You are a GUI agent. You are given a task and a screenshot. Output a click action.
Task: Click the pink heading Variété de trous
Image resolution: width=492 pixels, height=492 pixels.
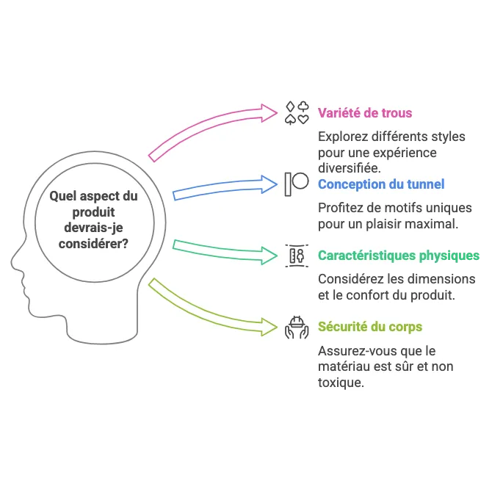365,113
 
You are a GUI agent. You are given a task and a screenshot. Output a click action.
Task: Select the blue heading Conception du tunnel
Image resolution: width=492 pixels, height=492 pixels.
381,184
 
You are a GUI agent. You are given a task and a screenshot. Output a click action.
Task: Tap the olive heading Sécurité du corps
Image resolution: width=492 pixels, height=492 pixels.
369,327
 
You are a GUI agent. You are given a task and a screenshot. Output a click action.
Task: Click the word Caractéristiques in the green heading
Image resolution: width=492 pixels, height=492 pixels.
366,256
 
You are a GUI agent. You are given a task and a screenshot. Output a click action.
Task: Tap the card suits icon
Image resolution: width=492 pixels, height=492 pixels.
297,113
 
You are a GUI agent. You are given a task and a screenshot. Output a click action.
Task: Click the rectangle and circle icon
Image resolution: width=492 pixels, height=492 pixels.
297,184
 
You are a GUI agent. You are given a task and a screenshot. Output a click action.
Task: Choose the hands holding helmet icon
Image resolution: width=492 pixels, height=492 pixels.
297,327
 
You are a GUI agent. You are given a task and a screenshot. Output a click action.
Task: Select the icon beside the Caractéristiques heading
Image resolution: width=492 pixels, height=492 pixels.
297,256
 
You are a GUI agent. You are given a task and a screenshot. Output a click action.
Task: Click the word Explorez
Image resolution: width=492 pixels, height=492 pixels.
341,137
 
